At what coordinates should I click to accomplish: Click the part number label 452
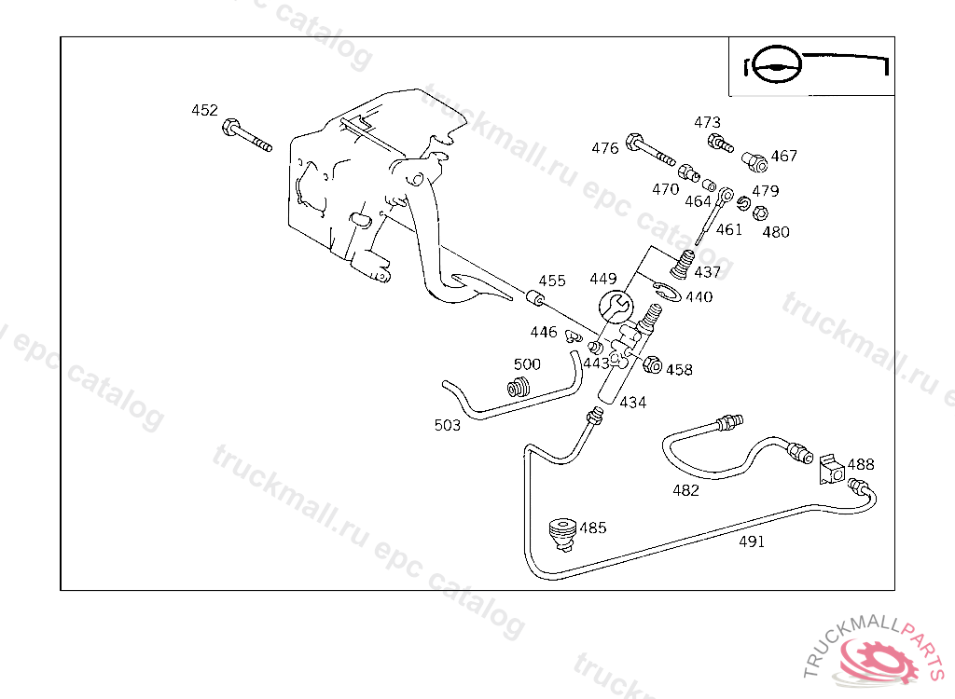pyautogui.click(x=204, y=110)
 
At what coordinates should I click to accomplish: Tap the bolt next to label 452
pyautogui.click(x=245, y=136)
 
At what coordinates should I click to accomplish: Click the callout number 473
pyautogui.click(x=707, y=123)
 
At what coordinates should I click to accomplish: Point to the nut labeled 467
pyautogui.click(x=756, y=163)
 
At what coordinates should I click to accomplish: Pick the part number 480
pyautogui.click(x=776, y=232)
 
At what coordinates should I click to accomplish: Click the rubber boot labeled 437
pyautogui.click(x=684, y=264)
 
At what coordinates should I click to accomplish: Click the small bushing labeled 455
pyautogui.click(x=534, y=299)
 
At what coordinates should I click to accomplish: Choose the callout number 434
pyautogui.click(x=632, y=403)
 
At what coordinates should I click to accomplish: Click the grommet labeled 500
pyautogui.click(x=520, y=387)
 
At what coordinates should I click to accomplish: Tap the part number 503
pyautogui.click(x=448, y=425)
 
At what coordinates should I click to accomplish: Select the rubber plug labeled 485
pyautogui.click(x=561, y=532)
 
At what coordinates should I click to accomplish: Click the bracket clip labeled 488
pyautogui.click(x=829, y=471)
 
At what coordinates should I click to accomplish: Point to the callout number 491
pyautogui.click(x=752, y=541)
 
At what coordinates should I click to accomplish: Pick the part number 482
pyautogui.click(x=685, y=490)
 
